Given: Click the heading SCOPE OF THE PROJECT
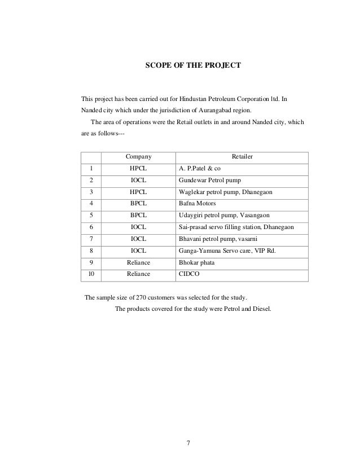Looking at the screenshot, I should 193,66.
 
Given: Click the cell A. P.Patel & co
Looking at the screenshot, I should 200,168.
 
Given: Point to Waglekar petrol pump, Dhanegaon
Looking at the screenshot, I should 225,192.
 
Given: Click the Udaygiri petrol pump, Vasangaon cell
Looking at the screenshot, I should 224,216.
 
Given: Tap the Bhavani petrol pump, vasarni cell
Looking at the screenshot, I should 217,239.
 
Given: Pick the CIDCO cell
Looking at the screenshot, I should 188,274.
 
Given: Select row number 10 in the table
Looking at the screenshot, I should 90,274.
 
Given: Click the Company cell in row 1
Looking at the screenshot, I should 138,168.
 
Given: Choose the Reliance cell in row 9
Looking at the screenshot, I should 138,263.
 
